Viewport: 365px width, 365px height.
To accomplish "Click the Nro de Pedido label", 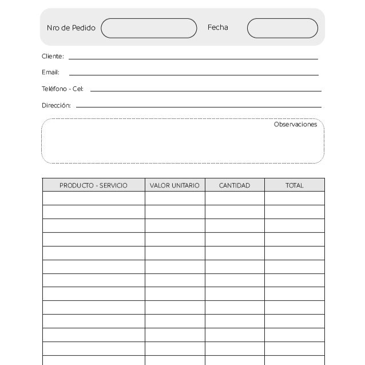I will click(71, 28).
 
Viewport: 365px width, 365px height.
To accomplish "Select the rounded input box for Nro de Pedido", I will click(149, 28).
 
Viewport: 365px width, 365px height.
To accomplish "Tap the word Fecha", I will click(217, 27).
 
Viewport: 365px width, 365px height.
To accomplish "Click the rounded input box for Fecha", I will click(282, 28).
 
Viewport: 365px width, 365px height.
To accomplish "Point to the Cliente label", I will click(53, 57).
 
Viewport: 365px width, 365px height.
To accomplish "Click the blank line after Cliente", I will click(193, 58).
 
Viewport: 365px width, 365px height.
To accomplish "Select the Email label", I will click(50, 73).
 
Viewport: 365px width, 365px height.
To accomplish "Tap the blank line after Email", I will click(193, 74).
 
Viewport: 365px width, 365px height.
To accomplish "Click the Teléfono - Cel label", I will click(62, 89).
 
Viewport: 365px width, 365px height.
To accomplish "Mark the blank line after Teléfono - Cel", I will click(205, 90).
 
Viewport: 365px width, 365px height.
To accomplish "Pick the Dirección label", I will click(56, 106).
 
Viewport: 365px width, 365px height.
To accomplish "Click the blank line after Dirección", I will click(198, 106).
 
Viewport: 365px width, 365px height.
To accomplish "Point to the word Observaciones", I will click(295, 125).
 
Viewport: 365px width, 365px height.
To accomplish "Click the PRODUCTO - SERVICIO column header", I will click(93, 185).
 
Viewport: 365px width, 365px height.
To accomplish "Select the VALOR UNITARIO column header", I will click(174, 185).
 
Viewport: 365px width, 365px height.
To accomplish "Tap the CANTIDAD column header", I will click(235, 185).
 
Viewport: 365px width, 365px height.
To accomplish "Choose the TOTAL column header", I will click(294, 185).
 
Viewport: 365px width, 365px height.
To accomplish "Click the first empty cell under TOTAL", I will click(294, 199).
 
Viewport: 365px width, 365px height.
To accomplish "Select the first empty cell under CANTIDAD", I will click(235, 199).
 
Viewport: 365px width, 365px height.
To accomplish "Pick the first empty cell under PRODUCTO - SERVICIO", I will click(93, 199).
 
